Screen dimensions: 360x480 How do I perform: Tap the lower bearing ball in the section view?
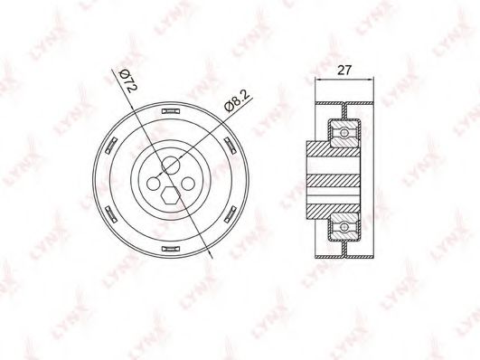tap(344, 223)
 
